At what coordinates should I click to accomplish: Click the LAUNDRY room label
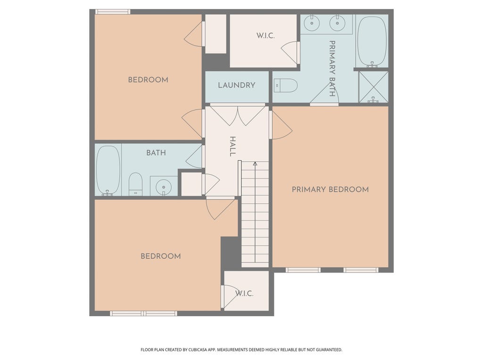coord(237,85)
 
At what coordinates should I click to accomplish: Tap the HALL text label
coord(233,146)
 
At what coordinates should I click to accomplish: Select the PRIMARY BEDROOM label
coord(330,189)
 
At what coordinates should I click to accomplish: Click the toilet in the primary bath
coord(285,85)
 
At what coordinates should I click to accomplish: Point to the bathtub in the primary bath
coord(372,41)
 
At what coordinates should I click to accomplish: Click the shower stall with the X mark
coord(374,87)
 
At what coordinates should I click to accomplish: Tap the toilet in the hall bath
coord(135,184)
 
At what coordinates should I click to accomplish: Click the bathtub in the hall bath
coord(108,170)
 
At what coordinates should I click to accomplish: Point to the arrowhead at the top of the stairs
coord(255,164)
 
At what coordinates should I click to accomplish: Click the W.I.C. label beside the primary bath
coord(265,36)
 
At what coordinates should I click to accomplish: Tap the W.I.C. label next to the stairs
coord(244,293)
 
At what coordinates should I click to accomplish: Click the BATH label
coord(156,153)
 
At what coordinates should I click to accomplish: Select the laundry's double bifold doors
coord(238,115)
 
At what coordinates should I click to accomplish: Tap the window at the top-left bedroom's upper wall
coord(112,12)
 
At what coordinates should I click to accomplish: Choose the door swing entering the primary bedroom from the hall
coord(281,125)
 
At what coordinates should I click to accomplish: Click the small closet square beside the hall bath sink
coord(192,184)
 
